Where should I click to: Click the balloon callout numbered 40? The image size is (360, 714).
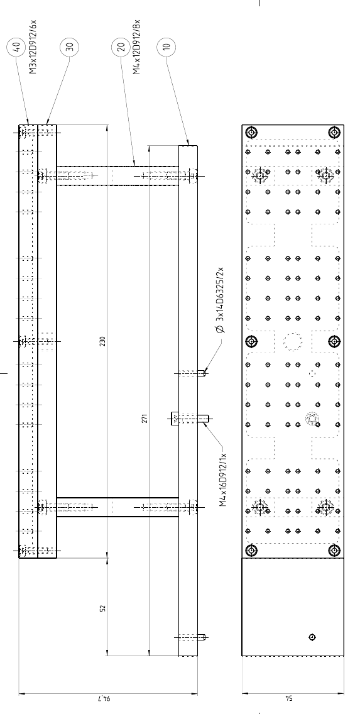click(x=16, y=47)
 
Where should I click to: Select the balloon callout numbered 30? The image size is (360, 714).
click(x=69, y=47)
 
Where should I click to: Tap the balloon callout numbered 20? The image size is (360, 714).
click(x=121, y=47)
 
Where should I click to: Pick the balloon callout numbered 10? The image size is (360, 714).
click(x=166, y=47)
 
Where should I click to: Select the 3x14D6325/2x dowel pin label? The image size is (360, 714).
click(x=221, y=300)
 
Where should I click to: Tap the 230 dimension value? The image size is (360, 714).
click(x=102, y=341)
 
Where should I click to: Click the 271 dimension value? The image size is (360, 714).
click(x=145, y=418)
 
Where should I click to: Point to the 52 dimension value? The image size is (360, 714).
click(x=102, y=608)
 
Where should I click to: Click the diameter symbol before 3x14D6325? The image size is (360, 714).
click(x=221, y=329)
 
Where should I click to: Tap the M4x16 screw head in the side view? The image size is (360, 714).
click(x=174, y=419)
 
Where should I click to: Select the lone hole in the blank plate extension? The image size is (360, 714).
click(x=312, y=637)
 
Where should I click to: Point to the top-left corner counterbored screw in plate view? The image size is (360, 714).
click(x=251, y=133)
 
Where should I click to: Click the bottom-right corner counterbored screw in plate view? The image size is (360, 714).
click(x=335, y=551)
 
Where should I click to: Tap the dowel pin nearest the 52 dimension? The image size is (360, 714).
click(x=192, y=637)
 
